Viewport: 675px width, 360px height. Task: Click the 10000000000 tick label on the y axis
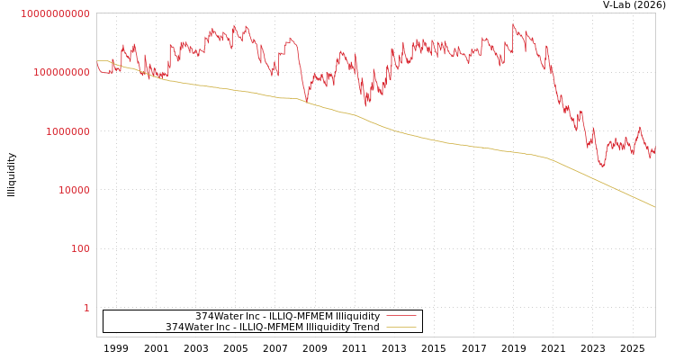(x=55, y=13)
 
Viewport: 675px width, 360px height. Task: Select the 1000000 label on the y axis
(x=64, y=131)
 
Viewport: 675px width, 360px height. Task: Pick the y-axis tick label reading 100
(x=79, y=249)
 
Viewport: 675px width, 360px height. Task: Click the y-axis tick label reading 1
(x=86, y=308)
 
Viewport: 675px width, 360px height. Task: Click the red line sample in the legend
(x=401, y=316)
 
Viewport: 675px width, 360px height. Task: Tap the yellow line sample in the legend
(x=401, y=328)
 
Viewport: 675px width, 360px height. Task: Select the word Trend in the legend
(x=364, y=328)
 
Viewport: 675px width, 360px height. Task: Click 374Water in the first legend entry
(x=217, y=317)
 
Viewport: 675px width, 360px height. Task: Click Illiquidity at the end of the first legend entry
(x=357, y=317)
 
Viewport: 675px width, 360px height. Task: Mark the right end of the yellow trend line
(x=654, y=207)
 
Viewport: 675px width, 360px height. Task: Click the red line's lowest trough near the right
(x=602, y=166)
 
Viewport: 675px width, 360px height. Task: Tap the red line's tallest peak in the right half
(x=513, y=25)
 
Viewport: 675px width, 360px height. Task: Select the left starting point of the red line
(x=97, y=62)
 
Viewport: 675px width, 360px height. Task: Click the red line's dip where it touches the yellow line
(x=306, y=102)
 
